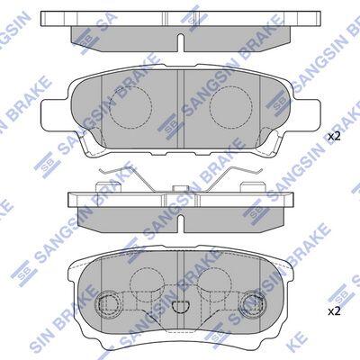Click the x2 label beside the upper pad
coord(334,137)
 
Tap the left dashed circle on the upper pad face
coord(130,106)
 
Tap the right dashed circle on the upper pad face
coord(231,106)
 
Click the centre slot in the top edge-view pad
coord(181,42)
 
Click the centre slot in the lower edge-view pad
coord(181,223)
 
